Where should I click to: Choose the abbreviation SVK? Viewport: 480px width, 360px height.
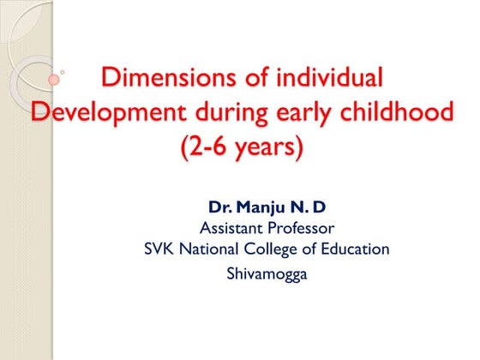[x=159, y=249]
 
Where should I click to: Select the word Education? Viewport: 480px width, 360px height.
[x=356, y=249]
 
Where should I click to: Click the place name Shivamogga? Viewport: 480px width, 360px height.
[x=267, y=273]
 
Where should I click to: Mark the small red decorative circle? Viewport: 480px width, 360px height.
[x=54, y=78]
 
